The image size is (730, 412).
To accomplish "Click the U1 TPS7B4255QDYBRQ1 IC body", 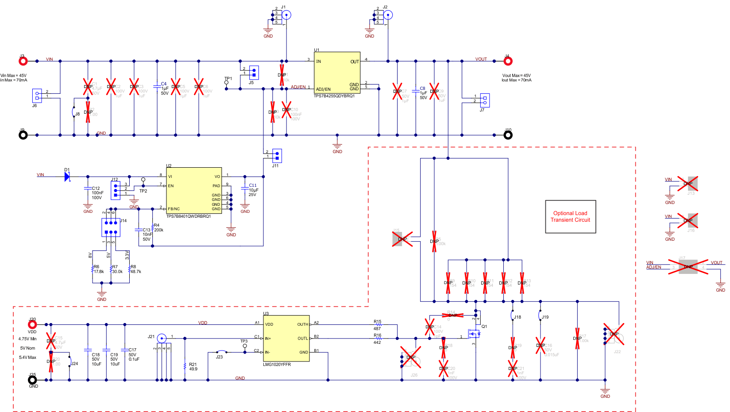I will [337, 73].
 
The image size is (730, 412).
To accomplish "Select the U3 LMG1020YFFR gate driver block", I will [286, 339].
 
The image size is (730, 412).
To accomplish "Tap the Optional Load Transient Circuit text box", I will [570, 216].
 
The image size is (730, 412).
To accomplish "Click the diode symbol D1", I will [67, 177].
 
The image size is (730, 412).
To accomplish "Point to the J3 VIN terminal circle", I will [23, 61].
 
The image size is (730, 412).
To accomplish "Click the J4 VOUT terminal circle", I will [508, 61].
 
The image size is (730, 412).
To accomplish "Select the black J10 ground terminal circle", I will [508, 135].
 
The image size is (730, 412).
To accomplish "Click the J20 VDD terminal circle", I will [32, 324].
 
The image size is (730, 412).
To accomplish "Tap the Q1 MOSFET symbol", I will [475, 334].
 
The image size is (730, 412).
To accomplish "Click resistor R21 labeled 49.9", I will [185, 366].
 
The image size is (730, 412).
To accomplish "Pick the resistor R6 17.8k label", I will [98, 270].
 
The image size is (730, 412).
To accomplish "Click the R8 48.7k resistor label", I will [135, 270].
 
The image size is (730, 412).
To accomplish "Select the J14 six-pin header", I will [111, 227].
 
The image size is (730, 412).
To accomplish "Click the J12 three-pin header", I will [116, 190].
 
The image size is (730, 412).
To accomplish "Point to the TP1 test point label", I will [228, 79].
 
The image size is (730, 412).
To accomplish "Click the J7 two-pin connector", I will [485, 100].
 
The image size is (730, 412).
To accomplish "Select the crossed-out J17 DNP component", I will [688, 266].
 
